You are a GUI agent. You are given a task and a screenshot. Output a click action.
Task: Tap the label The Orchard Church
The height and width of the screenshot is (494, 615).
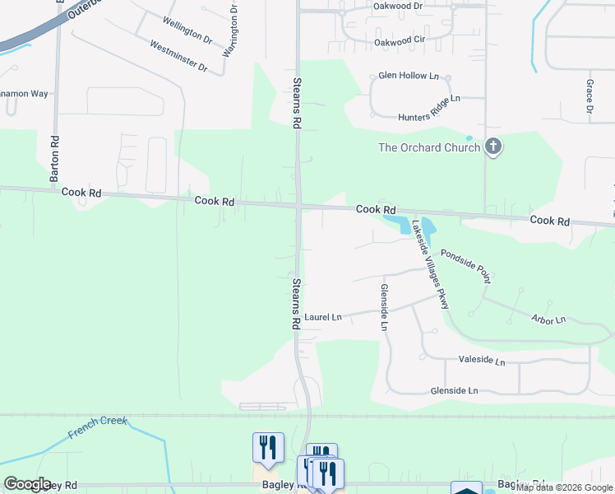(x=428, y=148)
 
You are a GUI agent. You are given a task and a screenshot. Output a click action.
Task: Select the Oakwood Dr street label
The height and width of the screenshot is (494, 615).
(x=396, y=6)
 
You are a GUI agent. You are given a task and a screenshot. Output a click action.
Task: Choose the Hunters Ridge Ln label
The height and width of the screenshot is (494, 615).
(x=417, y=98)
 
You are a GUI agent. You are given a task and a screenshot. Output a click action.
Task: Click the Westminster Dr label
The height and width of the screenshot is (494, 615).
(x=178, y=54)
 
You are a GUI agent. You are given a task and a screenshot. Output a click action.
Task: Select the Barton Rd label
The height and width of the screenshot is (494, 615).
(x=55, y=158)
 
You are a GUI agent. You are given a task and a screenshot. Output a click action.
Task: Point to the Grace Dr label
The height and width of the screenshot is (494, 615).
(x=590, y=97)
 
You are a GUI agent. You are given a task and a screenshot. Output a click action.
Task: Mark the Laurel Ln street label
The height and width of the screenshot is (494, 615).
(x=322, y=316)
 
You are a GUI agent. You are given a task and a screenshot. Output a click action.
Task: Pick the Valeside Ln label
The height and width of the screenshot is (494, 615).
(x=482, y=361)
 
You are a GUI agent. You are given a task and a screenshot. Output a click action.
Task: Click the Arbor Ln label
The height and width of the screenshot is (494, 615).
(x=549, y=319)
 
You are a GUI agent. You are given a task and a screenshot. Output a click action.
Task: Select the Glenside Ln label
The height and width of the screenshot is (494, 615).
(x=454, y=390)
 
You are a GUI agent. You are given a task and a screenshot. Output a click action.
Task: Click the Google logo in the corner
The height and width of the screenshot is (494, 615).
(x=27, y=484)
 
